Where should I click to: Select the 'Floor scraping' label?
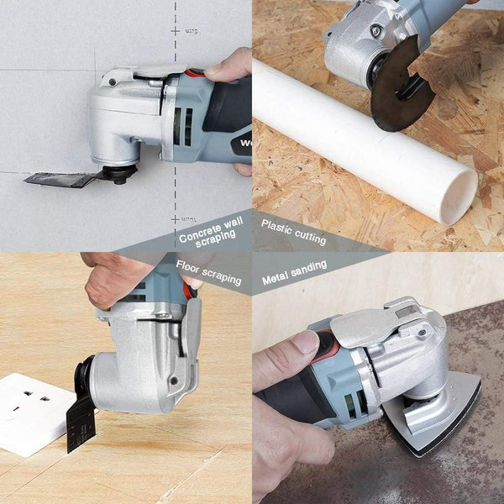[x=208, y=273]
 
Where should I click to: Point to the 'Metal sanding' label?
[x=294, y=276]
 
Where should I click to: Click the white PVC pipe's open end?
[x=459, y=196]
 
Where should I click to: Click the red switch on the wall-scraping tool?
[x=195, y=73]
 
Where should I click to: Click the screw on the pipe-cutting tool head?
[x=375, y=31]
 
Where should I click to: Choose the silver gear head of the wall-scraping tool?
[x=126, y=118]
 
